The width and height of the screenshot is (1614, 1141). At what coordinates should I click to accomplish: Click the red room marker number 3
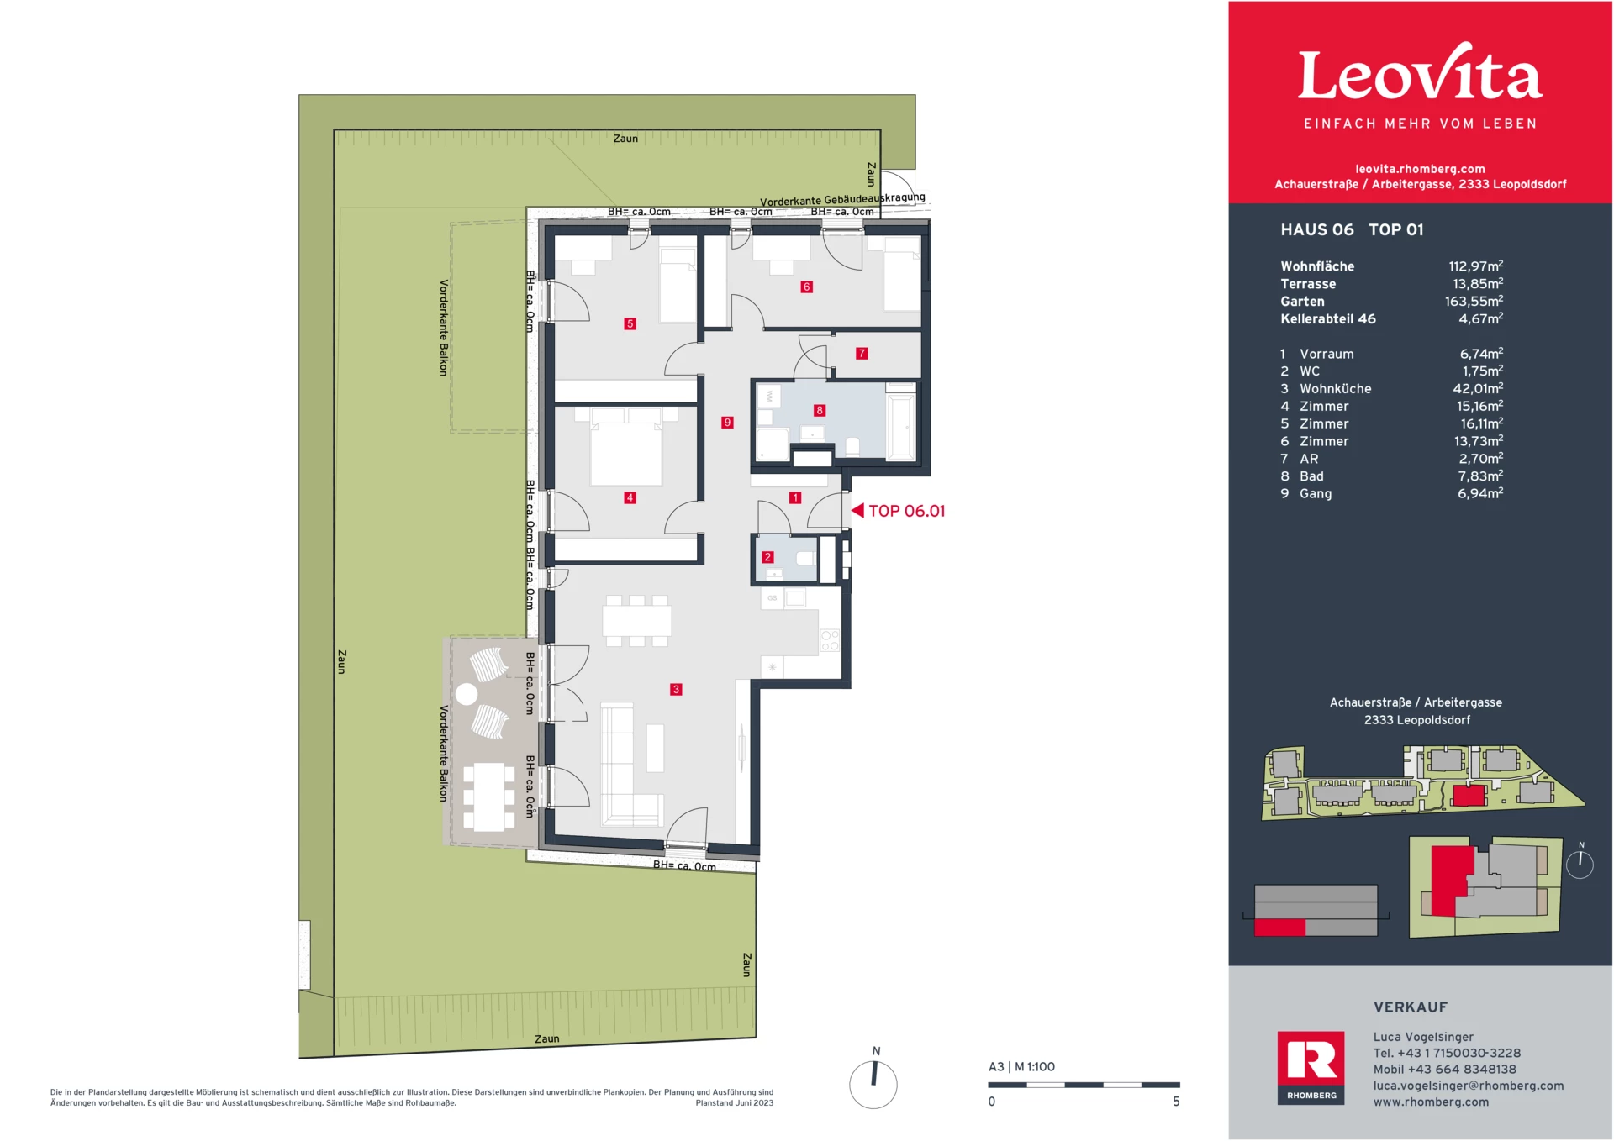coord(676,689)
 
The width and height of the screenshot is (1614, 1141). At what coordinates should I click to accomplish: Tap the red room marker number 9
coord(727,423)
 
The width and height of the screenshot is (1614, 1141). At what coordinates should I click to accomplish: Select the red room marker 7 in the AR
coord(862,354)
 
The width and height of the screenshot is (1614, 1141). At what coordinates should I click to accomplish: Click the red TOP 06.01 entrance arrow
coord(857,510)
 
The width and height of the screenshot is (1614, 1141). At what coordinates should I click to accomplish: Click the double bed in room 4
coord(626,450)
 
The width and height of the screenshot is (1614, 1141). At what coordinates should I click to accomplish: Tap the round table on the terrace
coord(467,694)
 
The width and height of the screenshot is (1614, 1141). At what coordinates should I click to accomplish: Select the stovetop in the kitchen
coord(830,640)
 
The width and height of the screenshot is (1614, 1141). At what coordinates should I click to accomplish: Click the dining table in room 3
coord(636,621)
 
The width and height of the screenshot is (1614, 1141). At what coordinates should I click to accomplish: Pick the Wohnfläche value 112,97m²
coord(1475,266)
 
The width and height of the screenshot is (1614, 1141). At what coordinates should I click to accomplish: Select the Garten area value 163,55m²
coord(1474,302)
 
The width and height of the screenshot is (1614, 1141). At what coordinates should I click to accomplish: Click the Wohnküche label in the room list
coord(1335,389)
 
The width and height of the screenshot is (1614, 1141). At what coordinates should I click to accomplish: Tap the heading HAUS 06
coord(1316,230)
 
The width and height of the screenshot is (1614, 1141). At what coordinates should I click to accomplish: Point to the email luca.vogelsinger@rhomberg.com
coord(1469,1086)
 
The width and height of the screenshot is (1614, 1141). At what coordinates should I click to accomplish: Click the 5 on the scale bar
coord(1176,1102)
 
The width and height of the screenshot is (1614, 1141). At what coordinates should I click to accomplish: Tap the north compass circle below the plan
coord(873,1085)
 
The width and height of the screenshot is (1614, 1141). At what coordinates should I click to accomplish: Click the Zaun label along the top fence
coord(625,139)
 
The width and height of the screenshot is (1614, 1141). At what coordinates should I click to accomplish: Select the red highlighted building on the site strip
coord(1469,795)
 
